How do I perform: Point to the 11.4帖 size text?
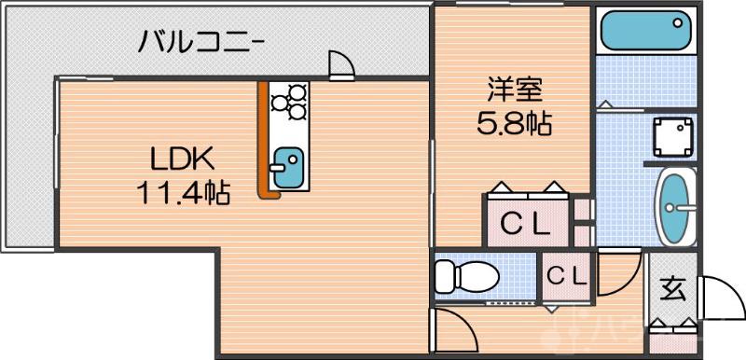coord(183,193)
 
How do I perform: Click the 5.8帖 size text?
coord(514,124)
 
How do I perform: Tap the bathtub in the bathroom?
coord(644,33)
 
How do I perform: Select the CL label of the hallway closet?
coord(566,276)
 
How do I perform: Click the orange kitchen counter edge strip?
coord(265,140)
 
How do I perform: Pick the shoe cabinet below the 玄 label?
coord(672,326)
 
